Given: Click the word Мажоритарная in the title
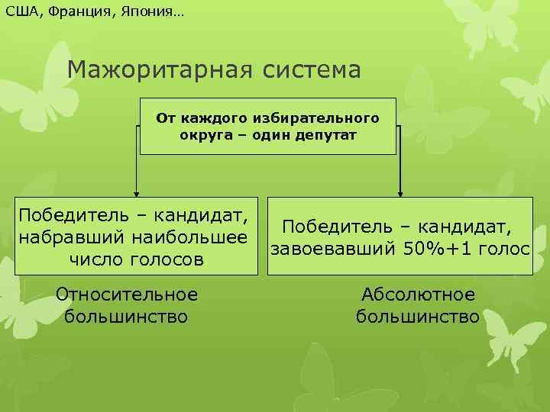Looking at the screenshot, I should pos(159,70).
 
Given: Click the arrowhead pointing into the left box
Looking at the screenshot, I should pos(137,194).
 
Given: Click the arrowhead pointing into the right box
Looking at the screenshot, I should pos(400,194).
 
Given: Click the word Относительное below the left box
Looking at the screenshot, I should pos(127,294).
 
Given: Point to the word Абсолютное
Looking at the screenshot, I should pos(418,294).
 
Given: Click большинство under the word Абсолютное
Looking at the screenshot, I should pos(418,316).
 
